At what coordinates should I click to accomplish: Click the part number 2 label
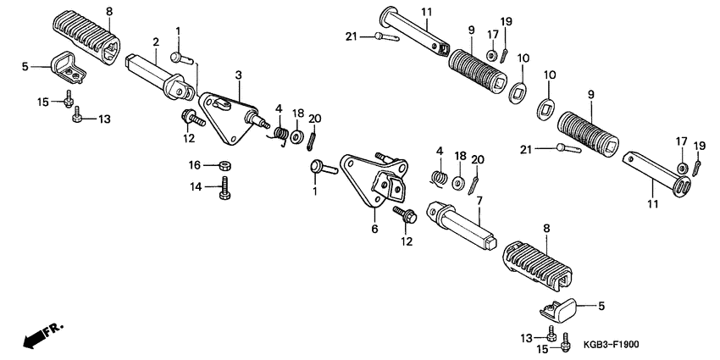(x=156, y=42)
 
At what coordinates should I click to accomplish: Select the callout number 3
(x=239, y=76)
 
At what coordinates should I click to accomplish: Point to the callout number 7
(x=479, y=201)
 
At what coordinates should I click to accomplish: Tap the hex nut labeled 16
(x=226, y=164)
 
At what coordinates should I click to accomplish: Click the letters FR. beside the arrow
(x=54, y=327)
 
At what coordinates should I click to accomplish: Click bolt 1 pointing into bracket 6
(x=323, y=168)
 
